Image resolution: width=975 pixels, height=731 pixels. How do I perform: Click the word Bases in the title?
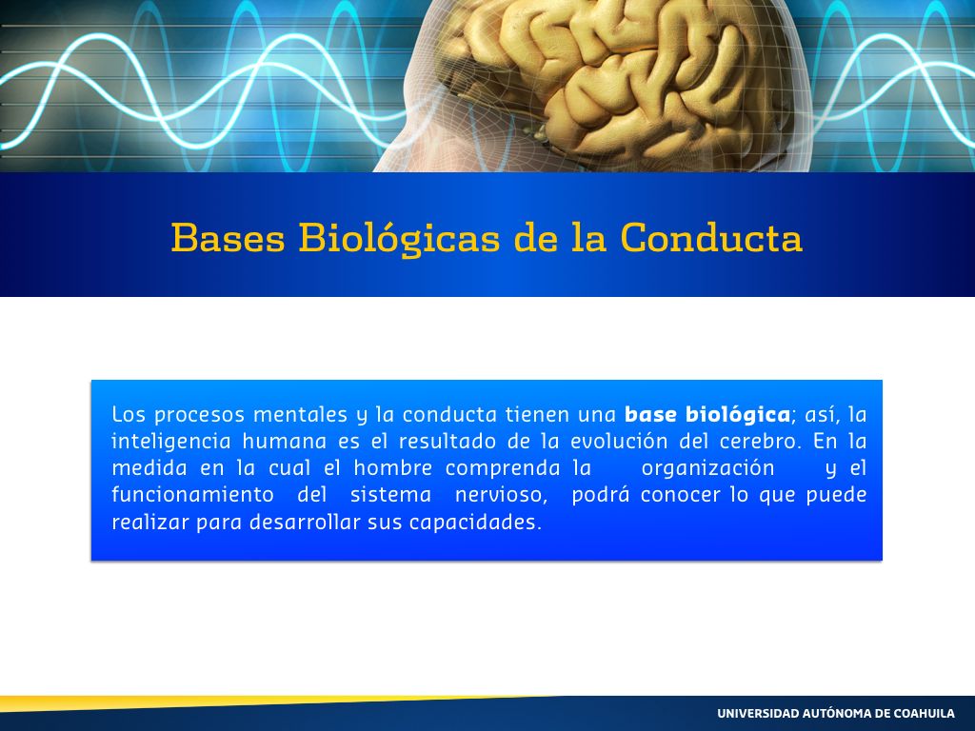(x=229, y=237)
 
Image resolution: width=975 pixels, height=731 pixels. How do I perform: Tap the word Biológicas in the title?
(x=399, y=239)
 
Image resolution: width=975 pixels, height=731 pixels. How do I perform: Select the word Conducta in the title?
(x=711, y=237)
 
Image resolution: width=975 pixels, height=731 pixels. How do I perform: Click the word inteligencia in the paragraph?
(x=171, y=442)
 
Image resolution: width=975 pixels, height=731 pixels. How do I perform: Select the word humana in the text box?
(x=284, y=442)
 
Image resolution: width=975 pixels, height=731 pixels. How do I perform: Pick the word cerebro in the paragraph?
(x=752, y=442)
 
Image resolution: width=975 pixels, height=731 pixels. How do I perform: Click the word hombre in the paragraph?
(x=393, y=468)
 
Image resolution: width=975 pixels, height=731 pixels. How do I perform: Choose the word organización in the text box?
(x=707, y=468)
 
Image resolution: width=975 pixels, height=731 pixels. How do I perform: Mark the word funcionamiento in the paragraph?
(x=192, y=495)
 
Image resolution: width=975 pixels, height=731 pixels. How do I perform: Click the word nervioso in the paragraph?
(x=501, y=495)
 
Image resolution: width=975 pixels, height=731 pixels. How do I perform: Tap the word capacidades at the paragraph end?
(x=475, y=523)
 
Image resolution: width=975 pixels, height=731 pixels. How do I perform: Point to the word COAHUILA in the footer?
(x=924, y=713)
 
